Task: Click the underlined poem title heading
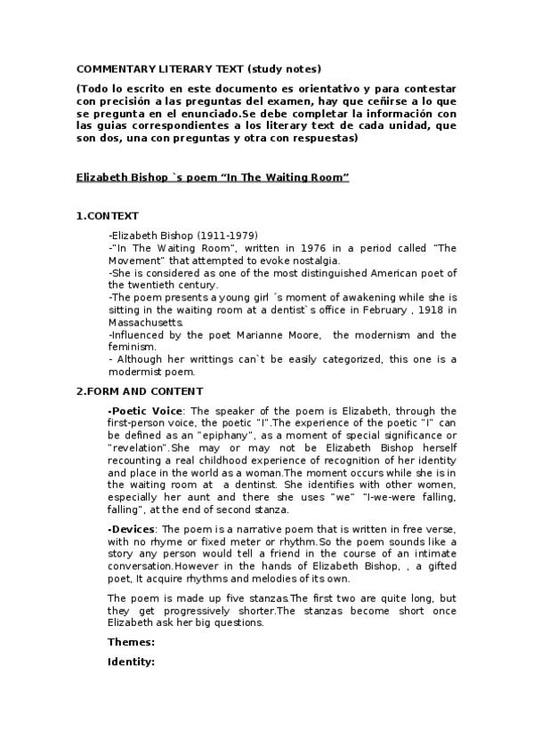click(x=213, y=178)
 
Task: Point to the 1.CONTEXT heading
click(x=108, y=215)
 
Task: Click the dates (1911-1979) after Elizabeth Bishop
click(x=206, y=235)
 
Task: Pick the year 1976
click(x=271, y=247)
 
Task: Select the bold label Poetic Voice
click(x=146, y=411)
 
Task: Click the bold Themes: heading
click(x=132, y=642)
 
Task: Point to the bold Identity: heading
click(x=132, y=662)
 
